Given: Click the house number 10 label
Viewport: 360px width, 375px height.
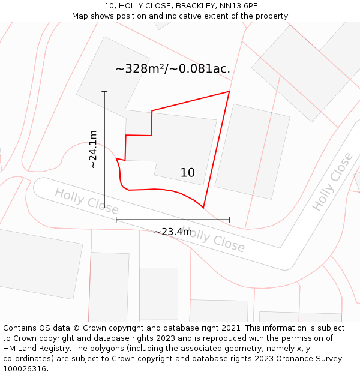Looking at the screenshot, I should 187,173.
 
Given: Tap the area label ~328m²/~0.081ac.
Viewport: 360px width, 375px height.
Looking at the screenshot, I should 173,69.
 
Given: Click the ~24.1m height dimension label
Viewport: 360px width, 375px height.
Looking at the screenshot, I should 93,149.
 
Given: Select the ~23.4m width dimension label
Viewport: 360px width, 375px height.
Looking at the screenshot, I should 173,232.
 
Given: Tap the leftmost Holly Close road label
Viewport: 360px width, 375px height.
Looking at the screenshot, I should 77,199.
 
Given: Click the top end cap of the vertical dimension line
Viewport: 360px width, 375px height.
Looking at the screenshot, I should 104,91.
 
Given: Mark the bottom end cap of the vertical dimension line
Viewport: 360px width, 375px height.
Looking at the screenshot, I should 104,208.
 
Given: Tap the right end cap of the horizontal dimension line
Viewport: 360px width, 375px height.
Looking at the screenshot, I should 229,220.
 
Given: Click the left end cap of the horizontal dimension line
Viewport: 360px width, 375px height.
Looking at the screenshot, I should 116,220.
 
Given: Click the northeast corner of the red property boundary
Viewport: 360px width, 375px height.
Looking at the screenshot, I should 230,91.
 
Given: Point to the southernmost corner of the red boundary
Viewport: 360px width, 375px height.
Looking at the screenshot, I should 203,208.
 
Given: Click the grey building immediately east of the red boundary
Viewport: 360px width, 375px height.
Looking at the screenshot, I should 252,151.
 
